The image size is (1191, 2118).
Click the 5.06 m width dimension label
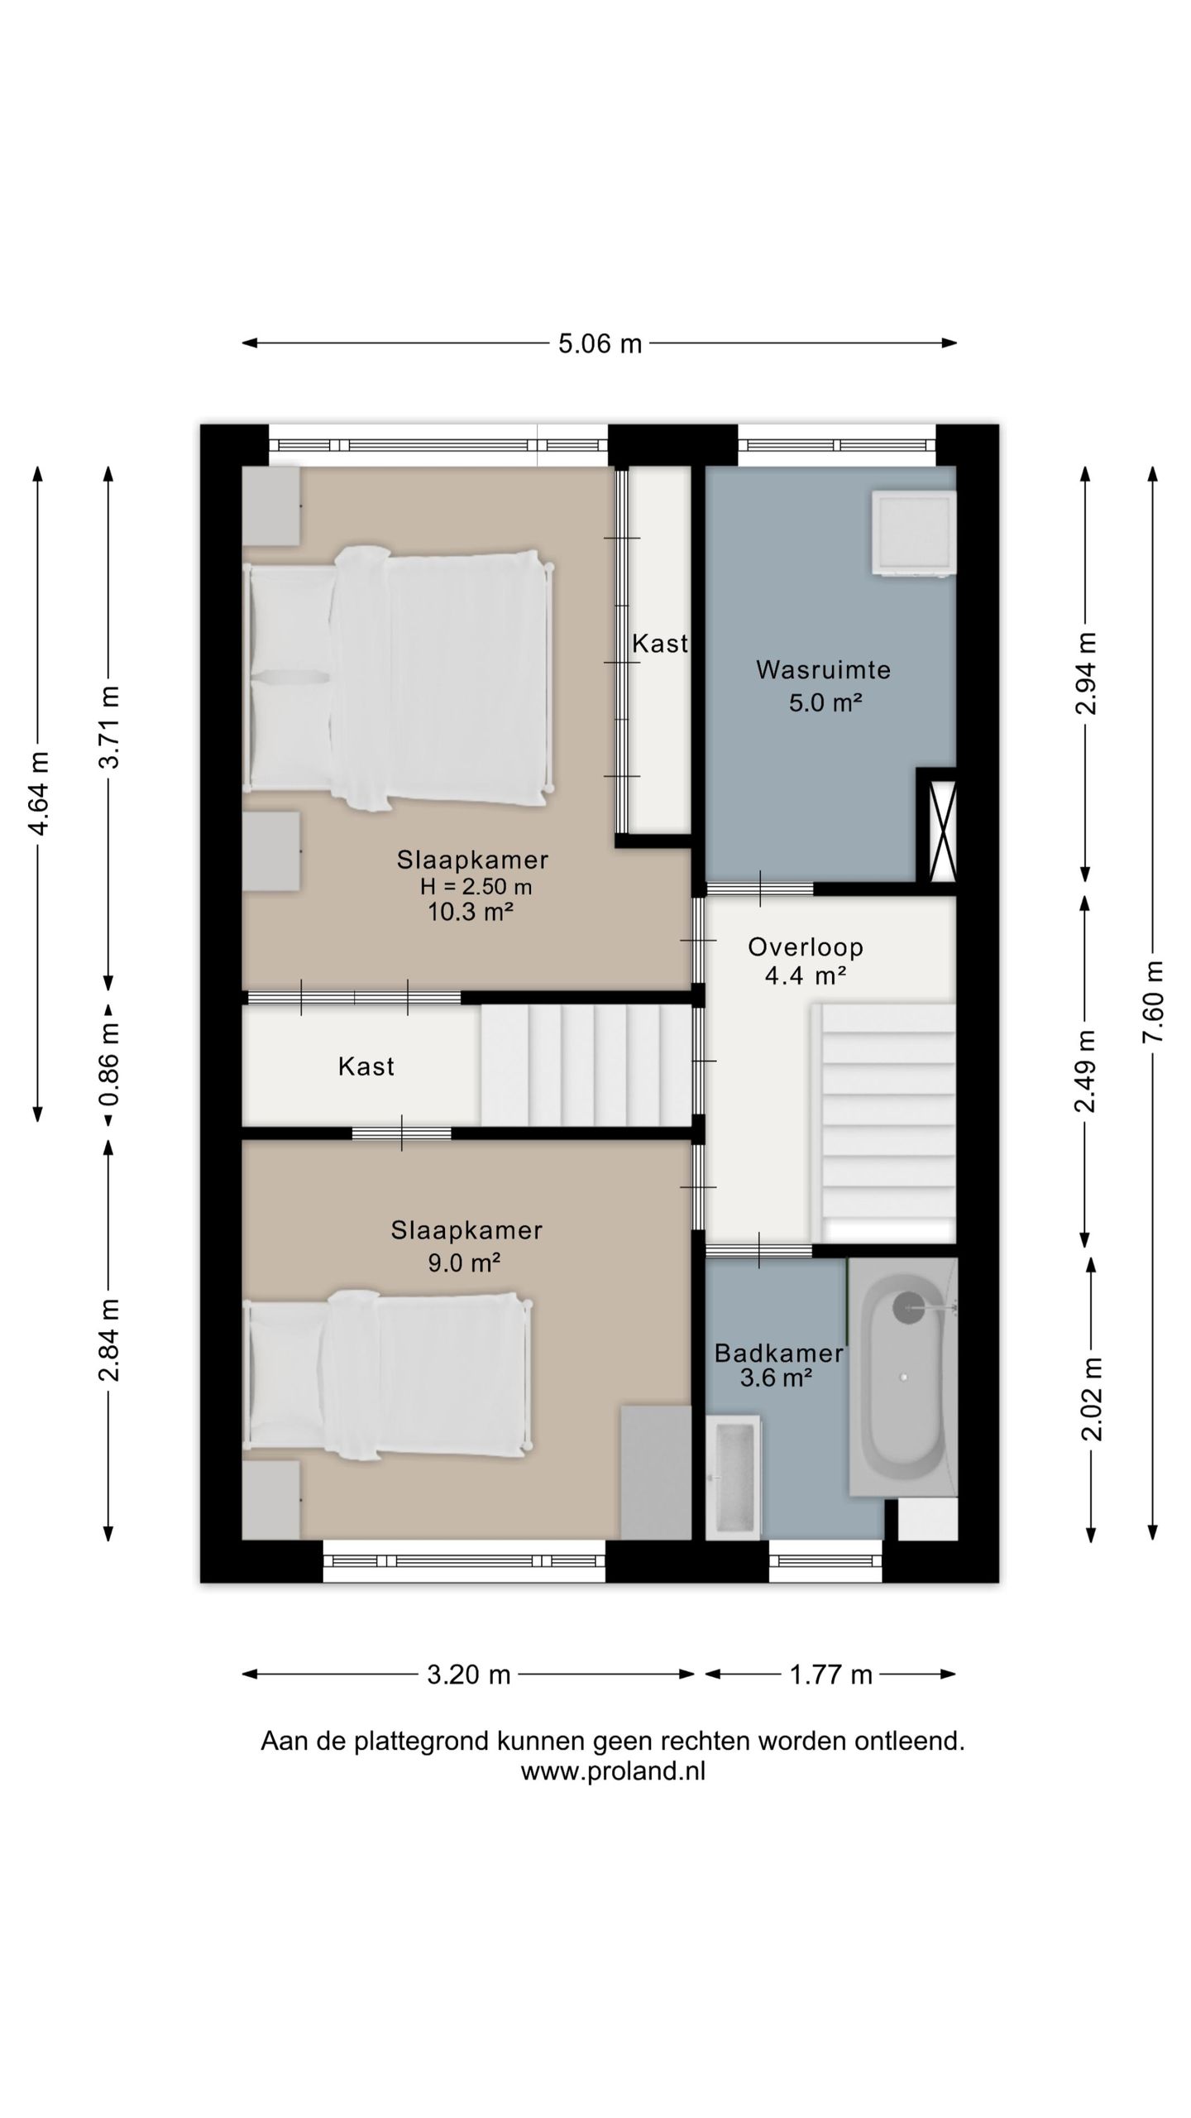(600, 343)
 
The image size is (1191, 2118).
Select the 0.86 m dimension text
(109, 1064)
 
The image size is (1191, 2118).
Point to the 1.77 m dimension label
(830, 1675)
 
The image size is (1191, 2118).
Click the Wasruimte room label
(824, 669)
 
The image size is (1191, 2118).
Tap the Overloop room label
(806, 946)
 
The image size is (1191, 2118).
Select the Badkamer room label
(778, 1353)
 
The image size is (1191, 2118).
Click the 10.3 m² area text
(471, 912)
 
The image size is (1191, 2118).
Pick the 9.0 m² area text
(465, 1263)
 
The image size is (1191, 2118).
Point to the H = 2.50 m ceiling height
(476, 886)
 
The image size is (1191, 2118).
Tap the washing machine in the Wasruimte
(913, 532)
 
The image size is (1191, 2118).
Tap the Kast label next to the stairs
(366, 1066)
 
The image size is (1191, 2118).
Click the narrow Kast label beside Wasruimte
(660, 643)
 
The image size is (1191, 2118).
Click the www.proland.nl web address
(613, 1771)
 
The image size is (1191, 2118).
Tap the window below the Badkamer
(826, 1561)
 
